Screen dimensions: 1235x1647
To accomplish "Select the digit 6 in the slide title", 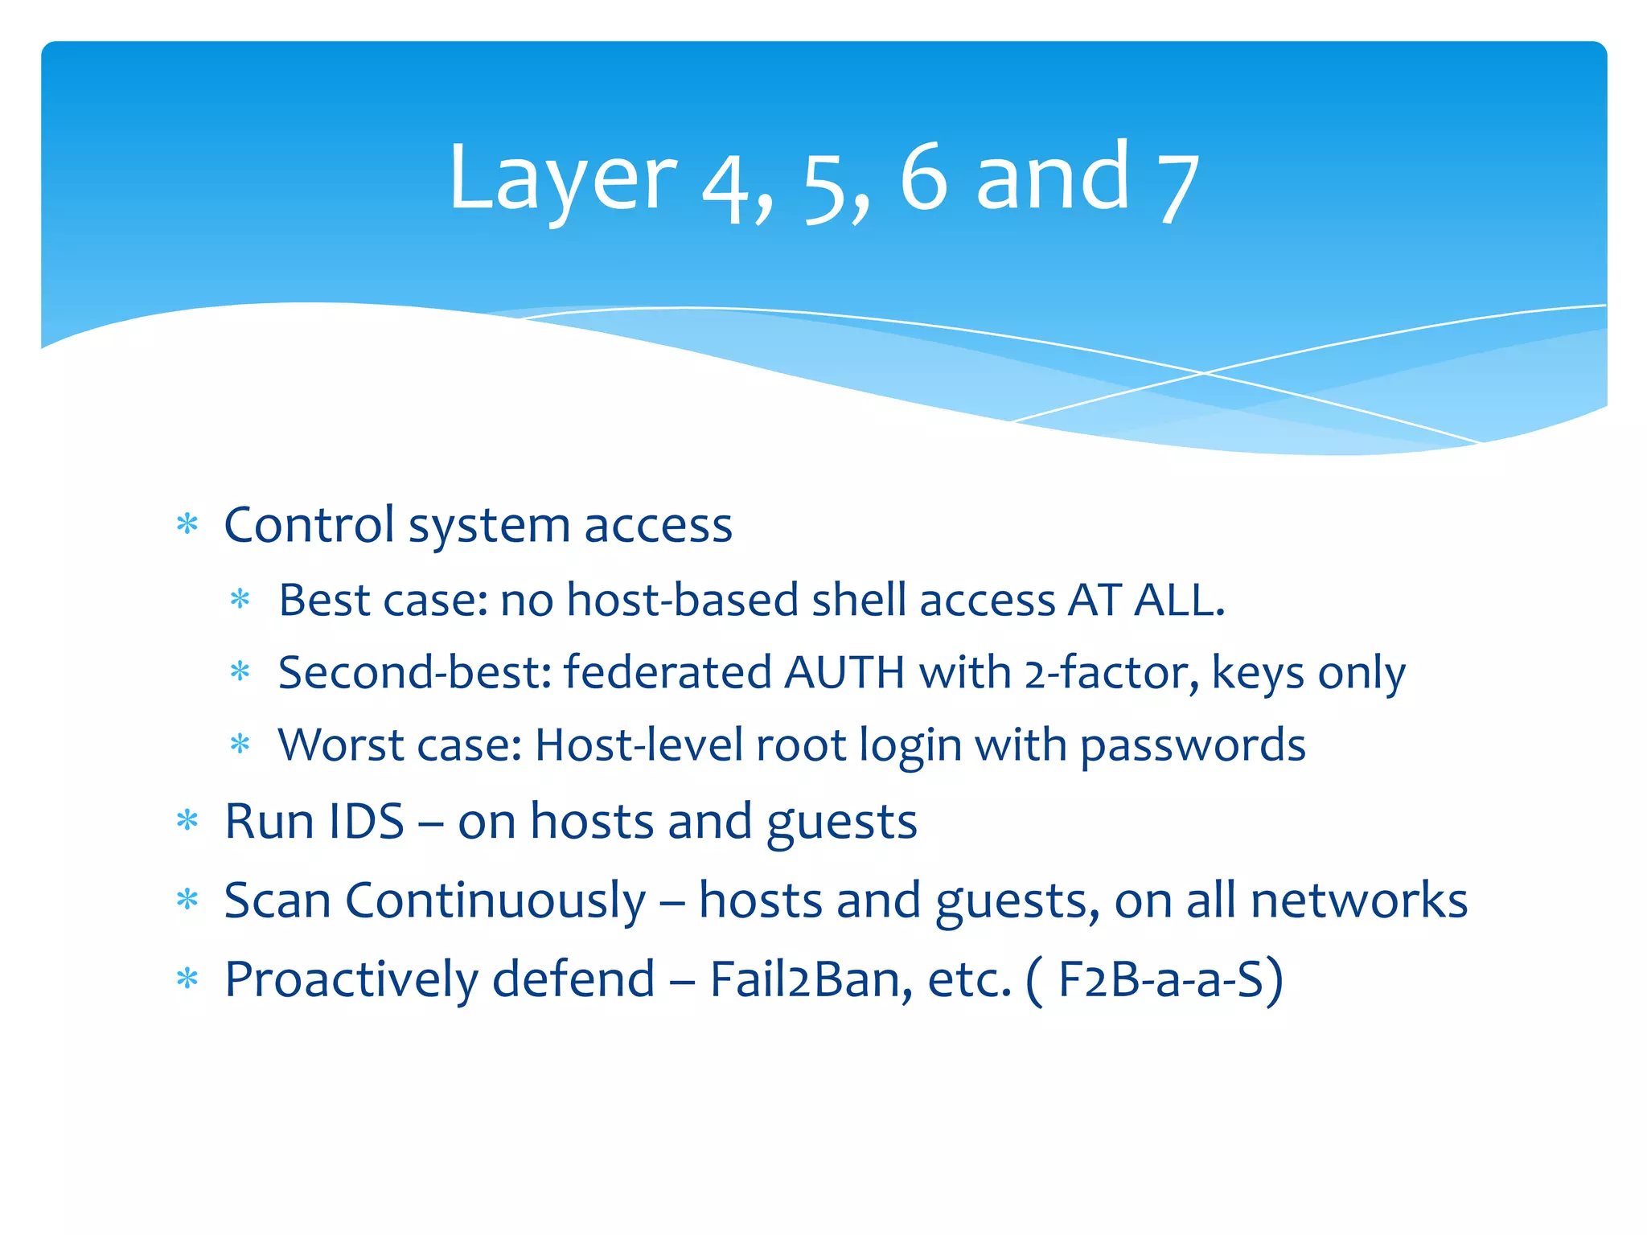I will pyautogui.click(x=923, y=178).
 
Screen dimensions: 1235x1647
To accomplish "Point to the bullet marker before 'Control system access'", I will pyautogui.click(x=187, y=525).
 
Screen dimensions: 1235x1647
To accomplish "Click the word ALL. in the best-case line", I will pyautogui.click(x=1179, y=600).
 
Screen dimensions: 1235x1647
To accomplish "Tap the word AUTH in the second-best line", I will pyautogui.click(x=844, y=672).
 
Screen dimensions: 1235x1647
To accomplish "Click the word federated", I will pyautogui.click(x=667, y=672).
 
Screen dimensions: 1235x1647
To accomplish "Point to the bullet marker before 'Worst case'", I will pyautogui.click(x=240, y=744).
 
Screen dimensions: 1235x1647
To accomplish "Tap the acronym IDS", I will pyautogui.click(x=366, y=822).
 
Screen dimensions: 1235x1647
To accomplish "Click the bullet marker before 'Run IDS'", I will pyautogui.click(x=187, y=821).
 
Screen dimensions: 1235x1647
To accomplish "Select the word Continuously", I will pyautogui.click(x=495, y=901).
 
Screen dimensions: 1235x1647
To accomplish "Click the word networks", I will pyautogui.click(x=1358, y=901).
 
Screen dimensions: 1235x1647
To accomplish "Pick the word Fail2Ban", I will pyautogui.click(x=811, y=979).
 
